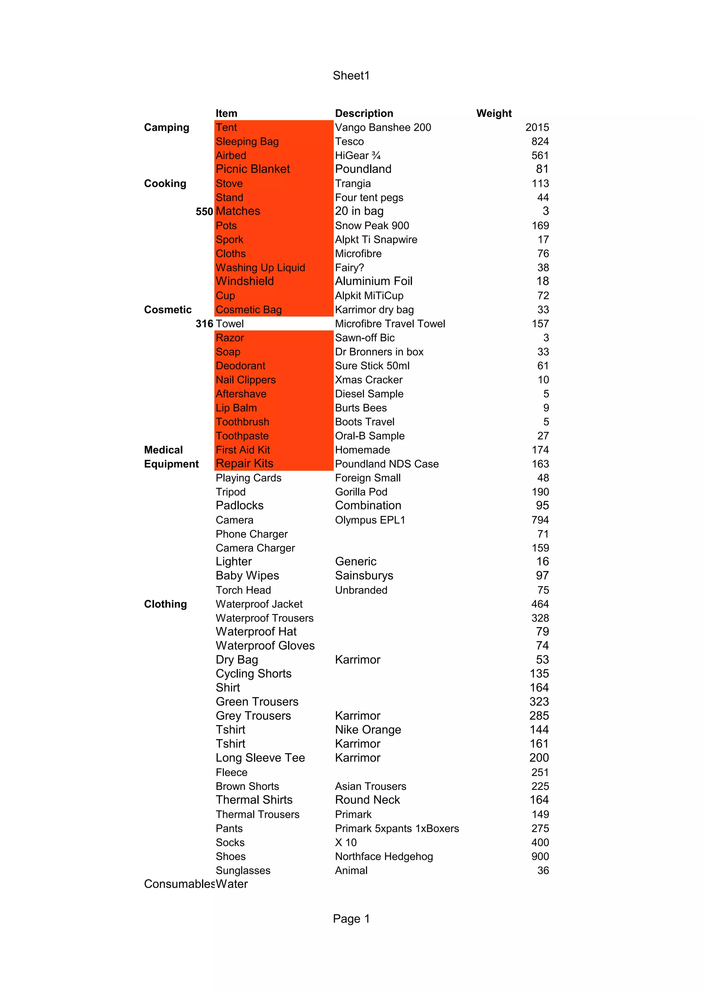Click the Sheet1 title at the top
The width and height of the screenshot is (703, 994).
tap(351, 76)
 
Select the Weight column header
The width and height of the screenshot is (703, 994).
tap(494, 114)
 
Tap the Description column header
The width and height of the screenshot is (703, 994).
tap(364, 114)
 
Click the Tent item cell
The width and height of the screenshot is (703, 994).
tap(227, 128)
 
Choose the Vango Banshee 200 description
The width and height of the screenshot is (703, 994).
tap(383, 128)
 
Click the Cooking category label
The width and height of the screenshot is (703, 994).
tap(165, 184)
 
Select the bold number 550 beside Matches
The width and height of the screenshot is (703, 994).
tap(204, 212)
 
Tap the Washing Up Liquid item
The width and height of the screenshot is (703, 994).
tap(260, 268)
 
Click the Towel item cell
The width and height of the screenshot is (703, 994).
tap(230, 324)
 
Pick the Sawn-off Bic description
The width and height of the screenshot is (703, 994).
tap(365, 338)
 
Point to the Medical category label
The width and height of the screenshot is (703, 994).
tap(163, 450)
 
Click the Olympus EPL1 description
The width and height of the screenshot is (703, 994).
tap(370, 520)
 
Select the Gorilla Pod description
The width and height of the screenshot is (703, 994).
tap(361, 492)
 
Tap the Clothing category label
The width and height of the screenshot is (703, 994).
tap(165, 604)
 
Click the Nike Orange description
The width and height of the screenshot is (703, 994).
tap(368, 730)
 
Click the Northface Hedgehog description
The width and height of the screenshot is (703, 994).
tap(384, 856)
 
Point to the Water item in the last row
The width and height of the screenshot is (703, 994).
tap(232, 884)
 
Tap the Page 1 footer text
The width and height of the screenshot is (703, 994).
tap(351, 919)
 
